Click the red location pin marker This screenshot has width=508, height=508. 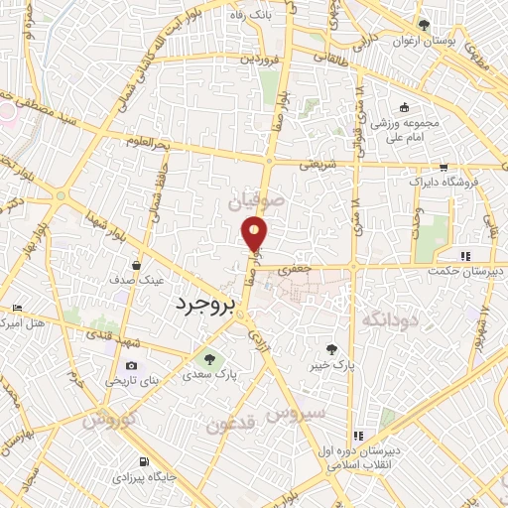coord(255,234)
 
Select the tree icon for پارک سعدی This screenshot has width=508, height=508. coord(208,357)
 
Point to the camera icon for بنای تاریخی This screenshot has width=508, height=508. coord(132,365)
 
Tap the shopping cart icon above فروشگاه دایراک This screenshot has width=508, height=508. coord(444,168)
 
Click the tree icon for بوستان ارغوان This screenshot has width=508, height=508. coord(425,25)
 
